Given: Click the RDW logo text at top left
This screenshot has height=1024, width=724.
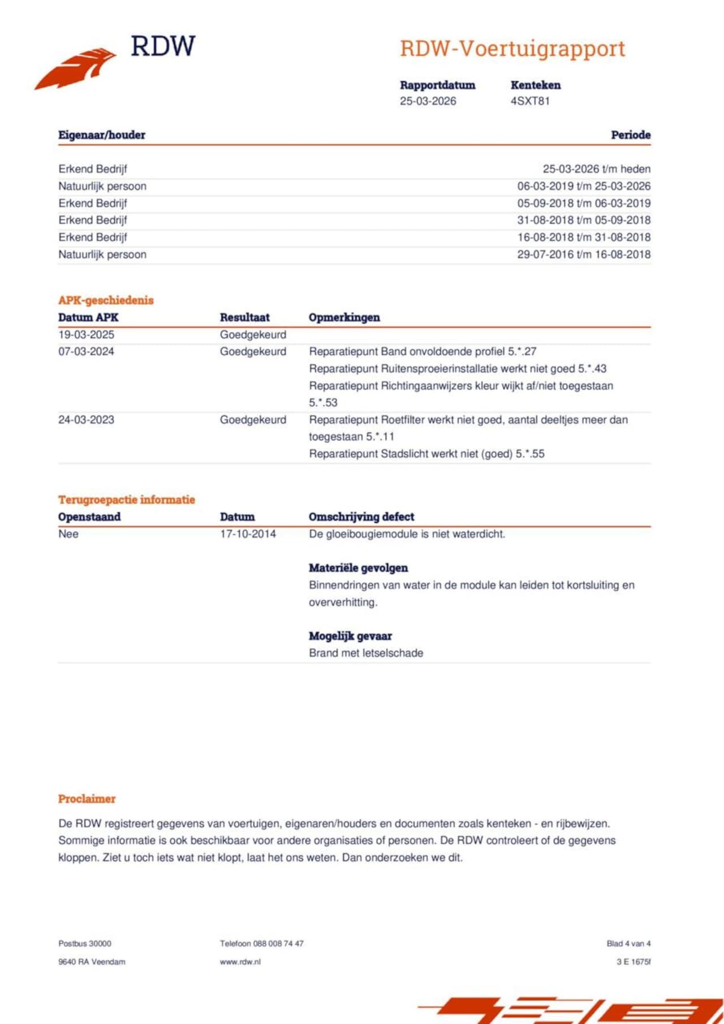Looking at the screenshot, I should [163, 46].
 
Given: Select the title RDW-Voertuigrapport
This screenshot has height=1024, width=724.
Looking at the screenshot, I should [512, 49].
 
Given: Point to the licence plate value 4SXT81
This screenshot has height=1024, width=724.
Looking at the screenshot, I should [530, 101].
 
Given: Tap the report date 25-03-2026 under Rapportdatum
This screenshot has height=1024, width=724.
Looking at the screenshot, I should [428, 101].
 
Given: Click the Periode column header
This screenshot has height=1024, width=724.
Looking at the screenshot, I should [630, 135].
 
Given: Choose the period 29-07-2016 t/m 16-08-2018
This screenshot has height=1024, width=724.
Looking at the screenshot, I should [583, 254].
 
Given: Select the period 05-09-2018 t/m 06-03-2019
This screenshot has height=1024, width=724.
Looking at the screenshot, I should [583, 203].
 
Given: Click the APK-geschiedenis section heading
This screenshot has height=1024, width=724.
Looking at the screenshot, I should [106, 300].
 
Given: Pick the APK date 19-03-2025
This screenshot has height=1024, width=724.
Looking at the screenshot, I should [86, 335].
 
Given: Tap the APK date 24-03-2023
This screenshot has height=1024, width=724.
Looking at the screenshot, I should [86, 420].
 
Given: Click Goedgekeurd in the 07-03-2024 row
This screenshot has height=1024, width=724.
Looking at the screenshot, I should [253, 352].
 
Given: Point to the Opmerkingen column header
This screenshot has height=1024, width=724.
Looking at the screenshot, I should [344, 318].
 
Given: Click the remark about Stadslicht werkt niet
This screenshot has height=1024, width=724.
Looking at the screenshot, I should [426, 454].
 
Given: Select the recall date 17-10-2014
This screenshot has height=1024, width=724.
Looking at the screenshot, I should [248, 534].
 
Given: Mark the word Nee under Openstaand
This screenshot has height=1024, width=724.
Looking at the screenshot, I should [68, 534].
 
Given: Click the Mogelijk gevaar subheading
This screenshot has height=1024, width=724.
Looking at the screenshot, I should [350, 636].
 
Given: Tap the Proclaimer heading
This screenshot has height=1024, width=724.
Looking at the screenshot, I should [87, 799].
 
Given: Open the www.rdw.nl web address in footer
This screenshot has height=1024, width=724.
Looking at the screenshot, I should [240, 962].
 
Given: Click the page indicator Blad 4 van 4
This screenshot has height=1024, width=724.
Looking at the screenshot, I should [628, 944].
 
